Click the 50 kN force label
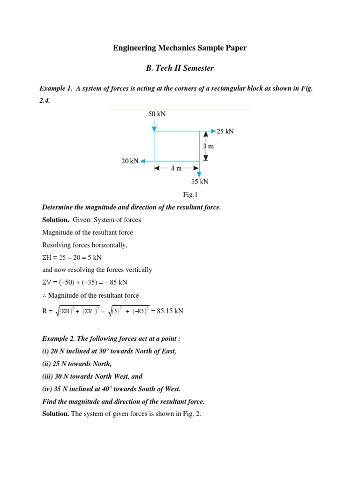pyautogui.click(x=157, y=114)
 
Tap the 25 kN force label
pyautogui.click(x=225, y=131)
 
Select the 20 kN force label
pyautogui.click(x=130, y=161)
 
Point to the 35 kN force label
pyautogui.click(x=200, y=181)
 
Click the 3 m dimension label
pyautogui.click(x=208, y=146)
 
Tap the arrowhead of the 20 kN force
pyautogui.click(x=143, y=161)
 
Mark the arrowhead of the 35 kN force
pyautogui.click(x=199, y=174)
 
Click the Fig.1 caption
pyautogui.click(x=180, y=195)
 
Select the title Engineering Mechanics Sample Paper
pyautogui.click(x=180, y=48)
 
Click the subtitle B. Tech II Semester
pyautogui.click(x=180, y=68)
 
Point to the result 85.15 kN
pyautogui.click(x=167, y=310)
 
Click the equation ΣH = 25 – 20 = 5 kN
pyautogui.click(x=72, y=257)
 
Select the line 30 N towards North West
pyautogui.click(x=92, y=376)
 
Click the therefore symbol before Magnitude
pyautogui.click(x=45, y=295)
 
